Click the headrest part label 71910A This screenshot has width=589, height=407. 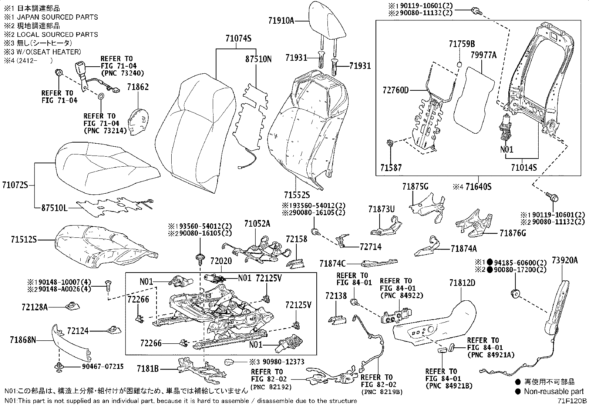click(281, 20)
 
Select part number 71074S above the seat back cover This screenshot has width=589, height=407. click(238, 39)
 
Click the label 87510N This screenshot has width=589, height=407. click(258, 59)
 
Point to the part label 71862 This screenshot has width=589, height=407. click(138, 87)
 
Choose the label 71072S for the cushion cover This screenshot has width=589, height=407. click(15, 185)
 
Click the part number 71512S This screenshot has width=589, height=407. click(24, 239)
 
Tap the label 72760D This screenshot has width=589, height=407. click(396, 90)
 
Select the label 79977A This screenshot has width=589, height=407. click(483, 55)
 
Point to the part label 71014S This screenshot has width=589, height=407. click(524, 167)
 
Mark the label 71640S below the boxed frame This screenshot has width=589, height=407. click(478, 187)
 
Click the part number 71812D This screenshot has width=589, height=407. click(462, 283)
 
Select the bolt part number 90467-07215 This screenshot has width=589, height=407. click(103, 366)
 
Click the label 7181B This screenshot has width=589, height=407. click(148, 369)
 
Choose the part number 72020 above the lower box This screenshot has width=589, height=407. click(221, 261)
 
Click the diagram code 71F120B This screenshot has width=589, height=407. click(573, 401)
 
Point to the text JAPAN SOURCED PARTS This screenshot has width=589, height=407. click(57, 17)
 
